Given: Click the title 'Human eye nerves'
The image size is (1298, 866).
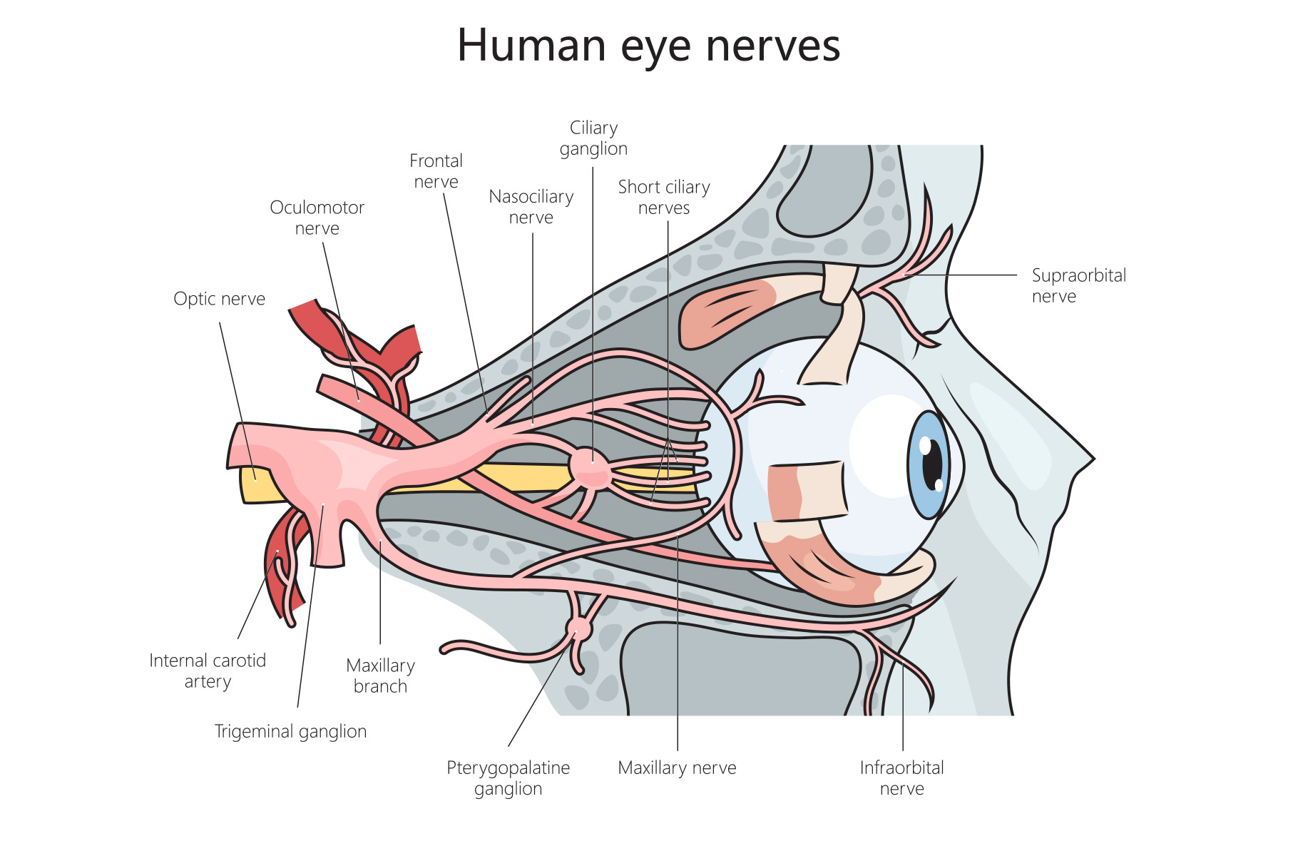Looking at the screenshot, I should tap(648, 46).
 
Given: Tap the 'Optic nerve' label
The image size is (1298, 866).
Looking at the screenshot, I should tap(219, 299).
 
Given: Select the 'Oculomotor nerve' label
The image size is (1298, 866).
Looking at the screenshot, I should tap(317, 218).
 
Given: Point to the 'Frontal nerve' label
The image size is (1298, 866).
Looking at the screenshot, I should tap(436, 171).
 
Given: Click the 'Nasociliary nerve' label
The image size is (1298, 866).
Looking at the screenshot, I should tap(531, 207).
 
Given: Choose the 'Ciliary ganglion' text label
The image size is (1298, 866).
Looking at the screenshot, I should tap(593, 138).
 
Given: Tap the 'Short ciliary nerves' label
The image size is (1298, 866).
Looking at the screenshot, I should tap(663, 198).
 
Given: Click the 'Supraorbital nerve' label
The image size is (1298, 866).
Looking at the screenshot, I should tap(1078, 285).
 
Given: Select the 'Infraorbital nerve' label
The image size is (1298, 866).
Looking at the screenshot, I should tap(901, 778).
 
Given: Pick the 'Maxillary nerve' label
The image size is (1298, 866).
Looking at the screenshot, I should tap(677, 768).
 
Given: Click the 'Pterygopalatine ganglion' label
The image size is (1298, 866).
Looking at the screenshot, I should tap(508, 778).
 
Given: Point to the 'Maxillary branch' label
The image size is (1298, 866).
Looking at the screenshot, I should tap(380, 676).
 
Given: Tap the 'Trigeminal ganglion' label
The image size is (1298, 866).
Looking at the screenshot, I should tap(290, 731).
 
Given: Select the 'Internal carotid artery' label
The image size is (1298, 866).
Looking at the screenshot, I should tap(208, 671).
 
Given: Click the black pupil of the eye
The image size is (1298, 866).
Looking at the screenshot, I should tap(931, 465).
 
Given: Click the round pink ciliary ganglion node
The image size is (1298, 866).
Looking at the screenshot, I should tap(590, 468).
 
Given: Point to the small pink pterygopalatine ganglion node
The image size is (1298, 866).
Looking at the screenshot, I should tap(579, 628).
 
